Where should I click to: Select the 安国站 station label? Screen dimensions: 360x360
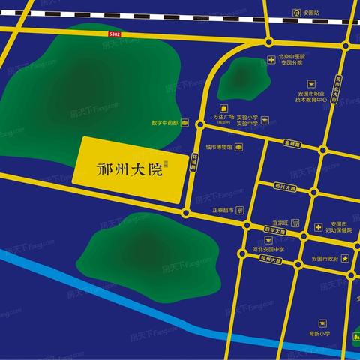coord(311,12)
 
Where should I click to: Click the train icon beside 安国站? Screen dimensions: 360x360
coord(297,12)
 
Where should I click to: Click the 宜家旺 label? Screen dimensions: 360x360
coord(281,223)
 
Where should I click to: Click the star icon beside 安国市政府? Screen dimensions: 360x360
coord(345,259)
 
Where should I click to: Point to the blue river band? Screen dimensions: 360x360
coord(112,292)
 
